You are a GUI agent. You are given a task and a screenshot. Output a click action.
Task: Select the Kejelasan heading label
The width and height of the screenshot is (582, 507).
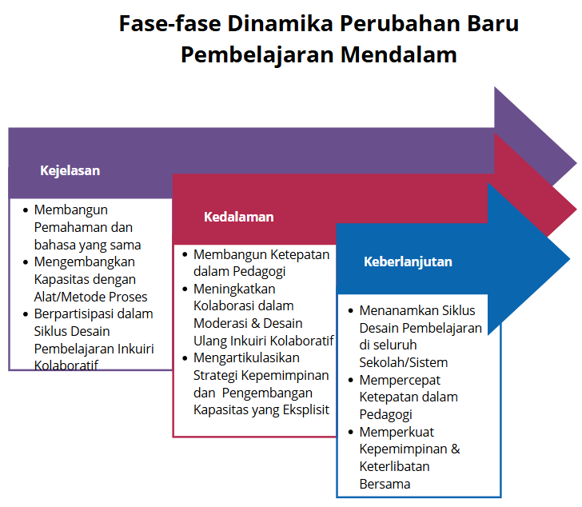tap(70, 170)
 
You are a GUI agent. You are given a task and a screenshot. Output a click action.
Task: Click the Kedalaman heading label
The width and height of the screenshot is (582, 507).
tap(238, 217)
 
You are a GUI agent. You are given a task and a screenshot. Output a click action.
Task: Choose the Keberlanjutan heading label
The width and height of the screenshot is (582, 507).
tap(408, 261)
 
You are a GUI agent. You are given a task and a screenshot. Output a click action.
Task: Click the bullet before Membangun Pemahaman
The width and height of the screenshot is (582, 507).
tap(25, 210)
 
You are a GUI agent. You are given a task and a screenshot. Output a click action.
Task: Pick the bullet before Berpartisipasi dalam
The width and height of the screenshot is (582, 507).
tap(25, 313)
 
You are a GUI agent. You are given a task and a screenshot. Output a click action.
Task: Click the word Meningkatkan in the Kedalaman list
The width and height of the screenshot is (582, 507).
tap(234, 289)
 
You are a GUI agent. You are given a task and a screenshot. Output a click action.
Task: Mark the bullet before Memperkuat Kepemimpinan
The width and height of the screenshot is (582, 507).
tap(351, 432)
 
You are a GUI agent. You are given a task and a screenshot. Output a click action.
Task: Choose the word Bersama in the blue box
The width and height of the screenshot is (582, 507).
tap(385, 484)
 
